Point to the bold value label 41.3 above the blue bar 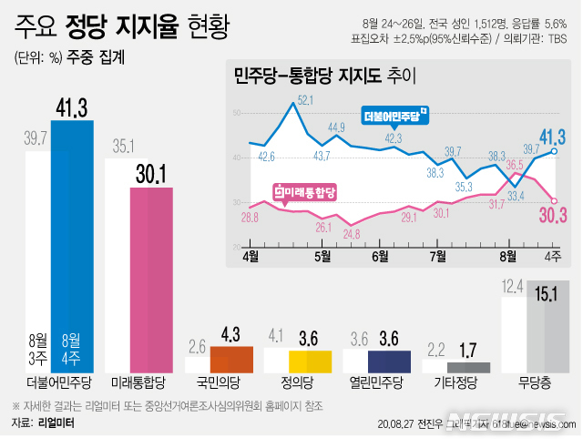click(x=72, y=108)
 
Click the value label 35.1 click(x=124, y=146)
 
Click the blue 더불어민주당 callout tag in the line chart click(x=394, y=116)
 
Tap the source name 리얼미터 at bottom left click(x=56, y=423)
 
